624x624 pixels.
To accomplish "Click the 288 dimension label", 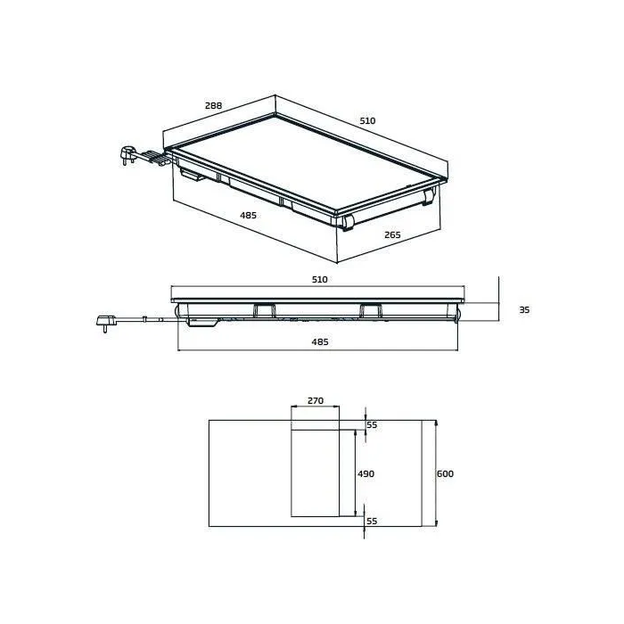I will [213, 106].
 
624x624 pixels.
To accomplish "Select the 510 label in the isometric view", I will [367, 120].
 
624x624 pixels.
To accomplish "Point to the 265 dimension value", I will [392, 235].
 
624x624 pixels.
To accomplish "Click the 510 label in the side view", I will [319, 280].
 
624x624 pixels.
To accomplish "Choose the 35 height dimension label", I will [524, 309].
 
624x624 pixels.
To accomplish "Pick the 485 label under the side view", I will [319, 342].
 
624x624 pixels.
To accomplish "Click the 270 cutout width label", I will [315, 401].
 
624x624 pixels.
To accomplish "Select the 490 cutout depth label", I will [365, 473].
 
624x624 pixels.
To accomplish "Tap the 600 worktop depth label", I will [446, 473].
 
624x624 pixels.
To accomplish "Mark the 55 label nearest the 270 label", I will [373, 425].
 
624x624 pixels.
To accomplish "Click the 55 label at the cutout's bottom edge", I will [373, 521].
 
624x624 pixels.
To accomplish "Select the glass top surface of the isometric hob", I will [303, 160].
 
